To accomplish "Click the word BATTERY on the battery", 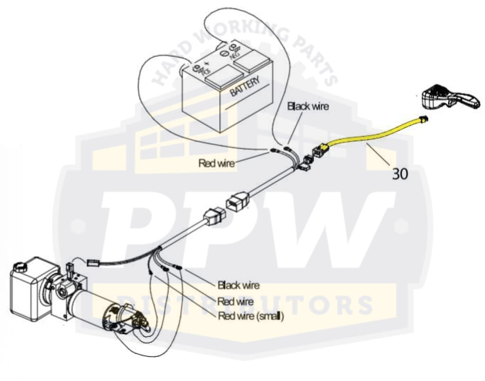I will (245, 87).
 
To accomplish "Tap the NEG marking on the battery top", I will (235, 53).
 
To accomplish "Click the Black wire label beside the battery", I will (308, 106).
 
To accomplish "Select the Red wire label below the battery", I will (216, 163).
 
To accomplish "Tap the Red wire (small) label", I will (251, 316).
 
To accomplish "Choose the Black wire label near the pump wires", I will (238, 285).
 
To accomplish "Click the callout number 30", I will (399, 174).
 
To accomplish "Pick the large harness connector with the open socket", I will (237, 201).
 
